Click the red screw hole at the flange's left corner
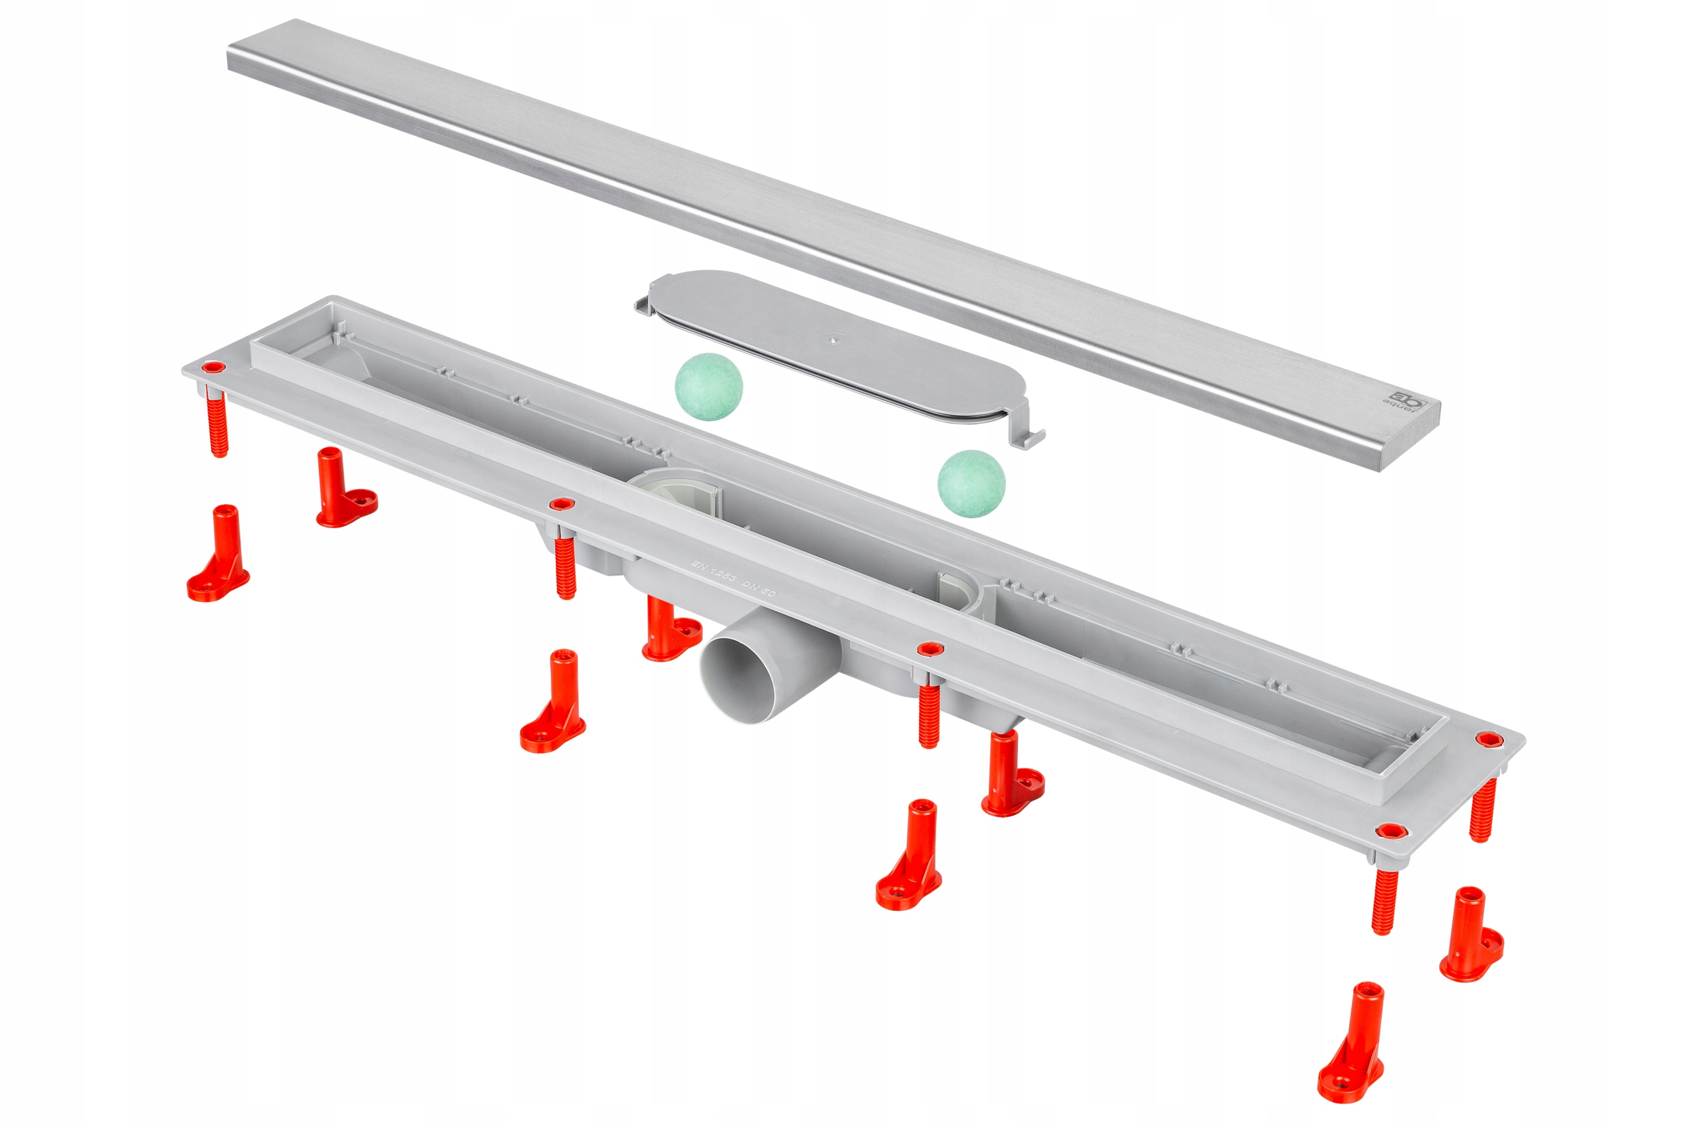(x=213, y=368)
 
